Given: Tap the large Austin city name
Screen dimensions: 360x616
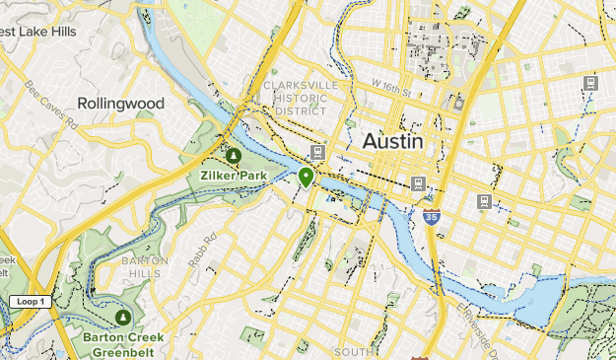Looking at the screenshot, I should (x=393, y=141).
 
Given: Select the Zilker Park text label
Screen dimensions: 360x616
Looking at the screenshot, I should (x=233, y=177).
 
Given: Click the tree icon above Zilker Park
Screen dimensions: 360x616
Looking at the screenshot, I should (x=233, y=156).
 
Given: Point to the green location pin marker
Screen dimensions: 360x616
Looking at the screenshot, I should (x=307, y=177).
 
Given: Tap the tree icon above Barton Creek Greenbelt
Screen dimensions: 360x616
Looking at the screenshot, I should (x=122, y=318).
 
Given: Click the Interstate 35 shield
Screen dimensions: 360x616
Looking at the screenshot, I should (x=432, y=216).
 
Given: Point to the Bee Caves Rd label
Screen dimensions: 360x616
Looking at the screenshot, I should (x=51, y=106).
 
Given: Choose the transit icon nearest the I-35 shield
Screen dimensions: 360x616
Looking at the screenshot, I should (x=419, y=183).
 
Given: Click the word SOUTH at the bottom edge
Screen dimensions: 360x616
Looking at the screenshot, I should (x=353, y=352).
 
